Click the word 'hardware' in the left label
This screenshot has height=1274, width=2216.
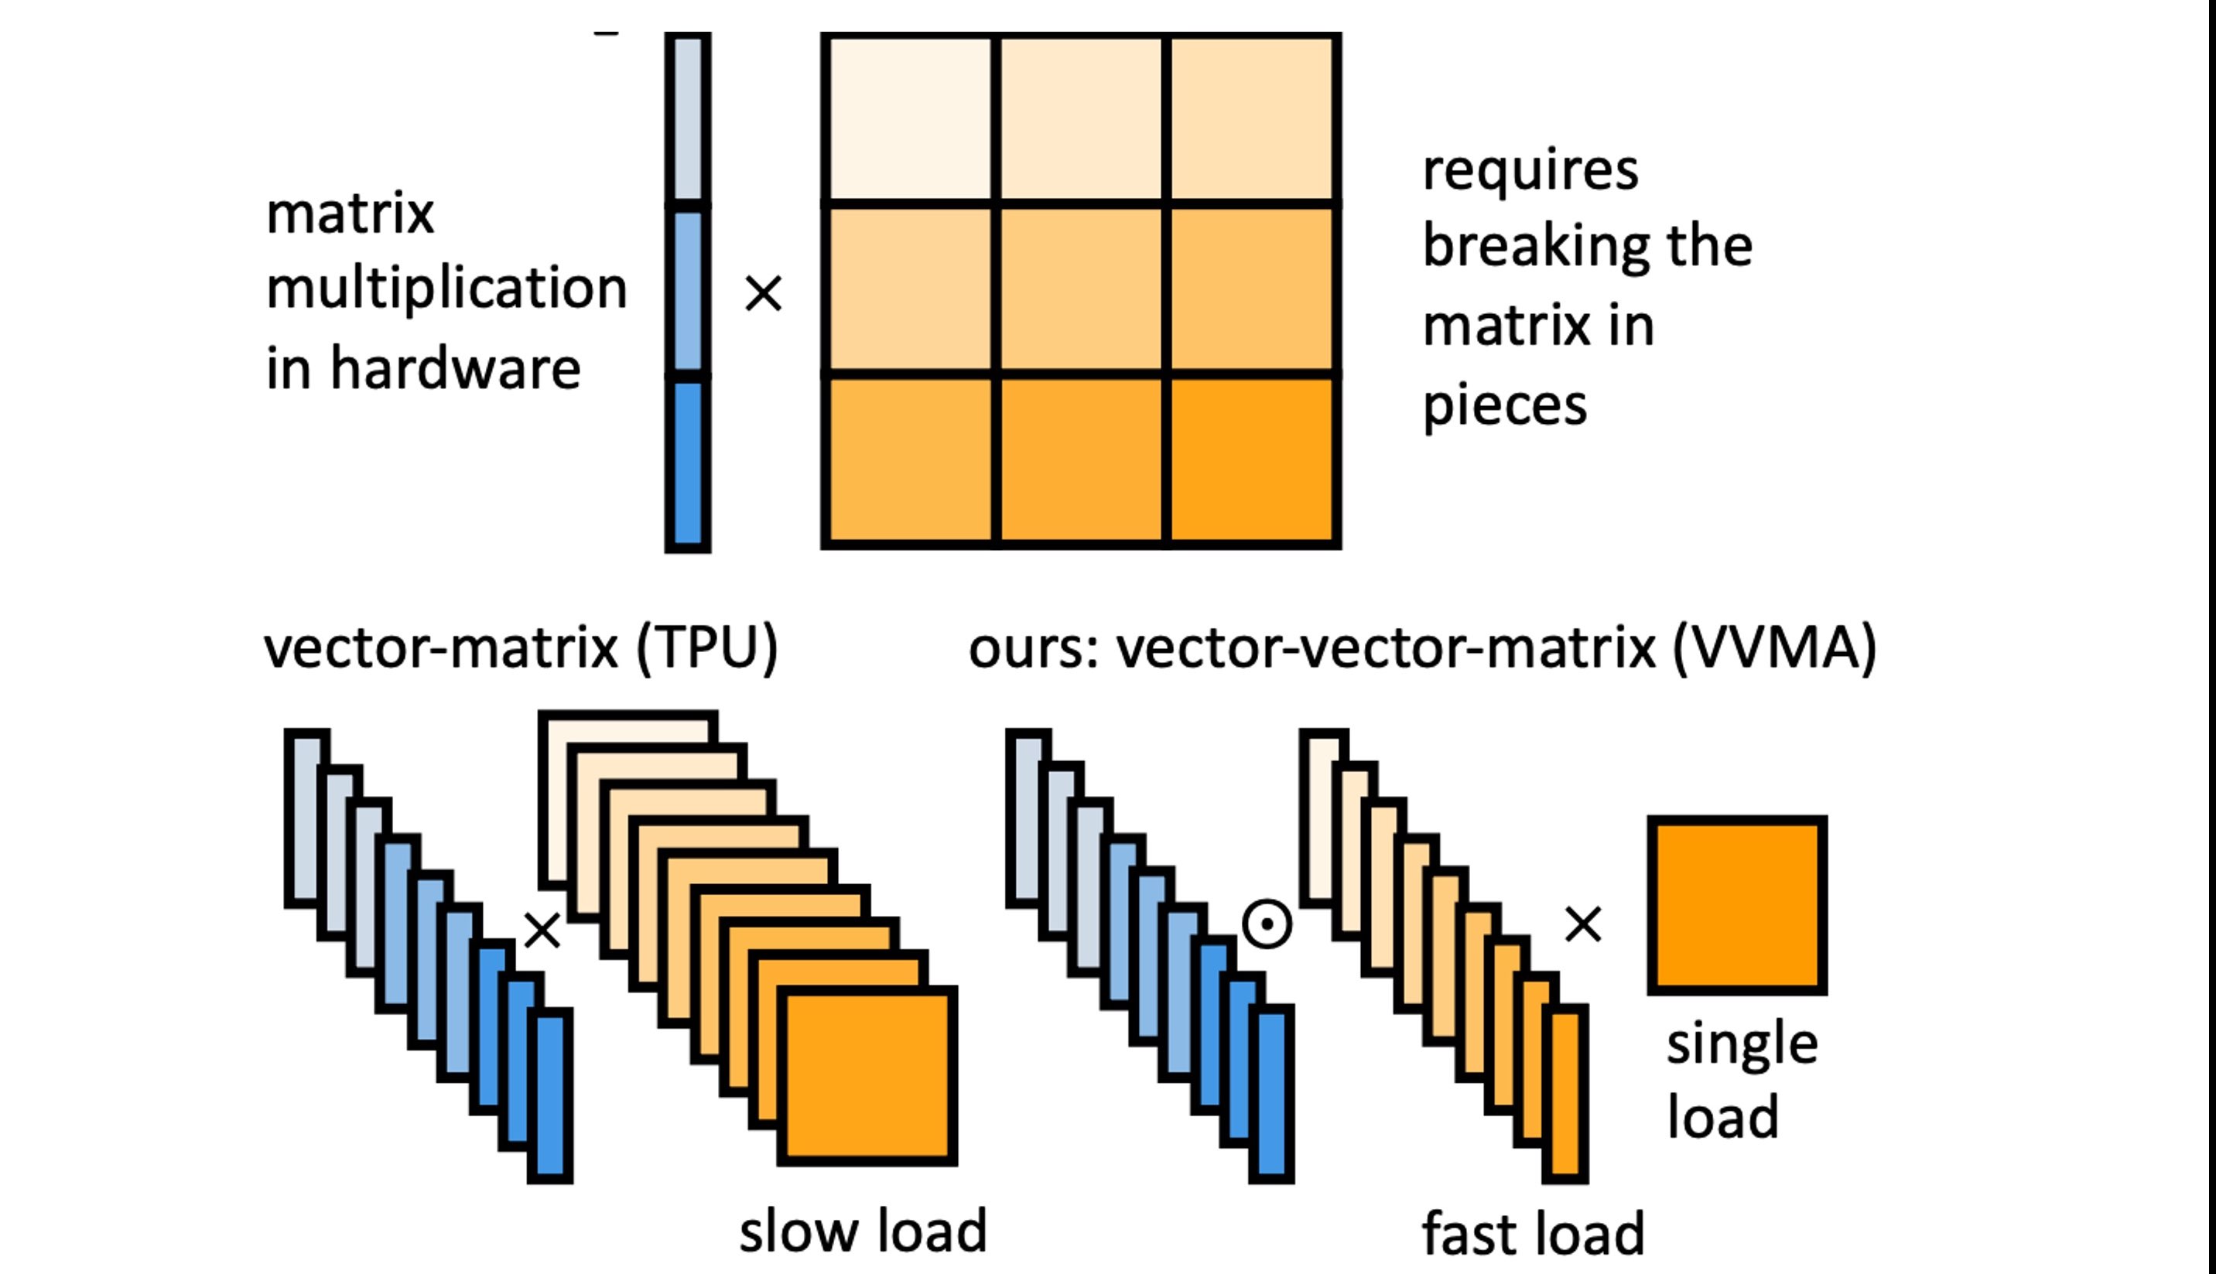tap(455, 367)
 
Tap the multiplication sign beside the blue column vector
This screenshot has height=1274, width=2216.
tap(762, 293)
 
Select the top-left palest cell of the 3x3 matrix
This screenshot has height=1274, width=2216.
tap(909, 118)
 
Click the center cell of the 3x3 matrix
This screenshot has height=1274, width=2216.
tap(1081, 289)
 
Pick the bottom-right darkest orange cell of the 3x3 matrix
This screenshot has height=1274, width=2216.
tap(1252, 459)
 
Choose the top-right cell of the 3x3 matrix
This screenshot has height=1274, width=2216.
tap(1252, 118)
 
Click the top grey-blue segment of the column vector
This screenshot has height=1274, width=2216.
tap(688, 118)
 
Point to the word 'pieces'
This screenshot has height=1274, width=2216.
tap(1504, 405)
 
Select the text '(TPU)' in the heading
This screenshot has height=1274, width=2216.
tap(707, 648)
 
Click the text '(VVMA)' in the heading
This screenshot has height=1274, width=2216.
tap(1774, 648)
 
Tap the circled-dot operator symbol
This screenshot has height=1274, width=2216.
tap(1267, 924)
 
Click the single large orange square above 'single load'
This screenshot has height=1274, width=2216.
tap(1736, 905)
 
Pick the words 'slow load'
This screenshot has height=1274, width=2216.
tap(863, 1230)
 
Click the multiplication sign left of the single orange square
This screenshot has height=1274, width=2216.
tap(1582, 924)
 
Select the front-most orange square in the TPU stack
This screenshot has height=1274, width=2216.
tap(867, 1076)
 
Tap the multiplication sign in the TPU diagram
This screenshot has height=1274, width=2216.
tap(542, 930)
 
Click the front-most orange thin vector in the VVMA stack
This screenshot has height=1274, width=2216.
tap(1565, 1094)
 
